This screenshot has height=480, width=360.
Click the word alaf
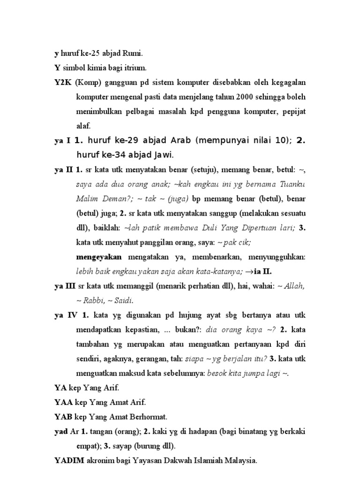83,126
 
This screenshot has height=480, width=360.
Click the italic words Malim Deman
100,198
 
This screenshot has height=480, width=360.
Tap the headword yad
61,431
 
